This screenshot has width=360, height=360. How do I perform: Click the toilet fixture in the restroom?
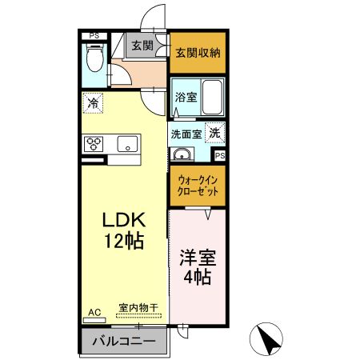click(94, 58)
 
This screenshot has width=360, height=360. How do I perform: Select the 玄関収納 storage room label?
click(198, 53)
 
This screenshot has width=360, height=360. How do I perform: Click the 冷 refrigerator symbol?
click(93, 102)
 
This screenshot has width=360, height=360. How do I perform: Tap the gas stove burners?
click(94, 143)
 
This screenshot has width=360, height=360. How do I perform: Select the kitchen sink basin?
click(126, 144)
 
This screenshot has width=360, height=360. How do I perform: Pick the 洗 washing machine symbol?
click(214, 134)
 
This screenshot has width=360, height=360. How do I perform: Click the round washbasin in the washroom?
click(182, 154)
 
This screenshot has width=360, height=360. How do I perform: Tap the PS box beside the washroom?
click(218, 155)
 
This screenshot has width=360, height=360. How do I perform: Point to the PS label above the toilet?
click(94, 35)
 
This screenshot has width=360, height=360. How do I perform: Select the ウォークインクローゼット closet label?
click(197, 186)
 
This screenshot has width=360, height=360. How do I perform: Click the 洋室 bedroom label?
click(197, 258)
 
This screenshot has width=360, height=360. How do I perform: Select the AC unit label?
click(92, 311)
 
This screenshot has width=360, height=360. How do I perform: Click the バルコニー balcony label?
click(122, 342)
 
